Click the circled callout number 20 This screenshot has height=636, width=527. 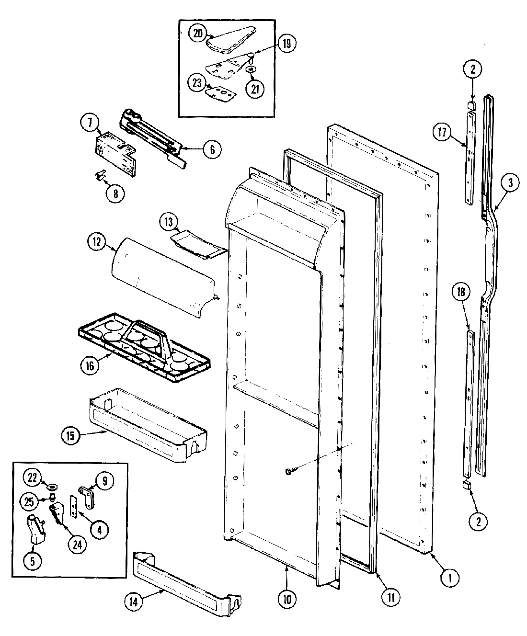pos(198,33)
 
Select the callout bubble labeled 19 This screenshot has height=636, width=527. pos(286,45)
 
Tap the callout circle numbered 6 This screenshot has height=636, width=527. pos(212,149)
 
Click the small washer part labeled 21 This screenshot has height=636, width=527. pos(250,69)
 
